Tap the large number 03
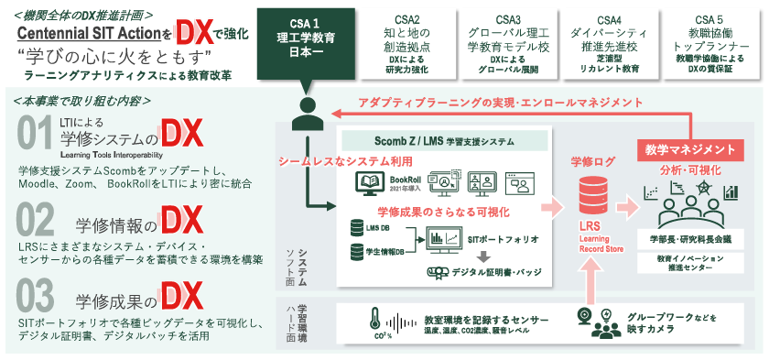[x=35, y=297]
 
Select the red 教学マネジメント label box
[x=686, y=148]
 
